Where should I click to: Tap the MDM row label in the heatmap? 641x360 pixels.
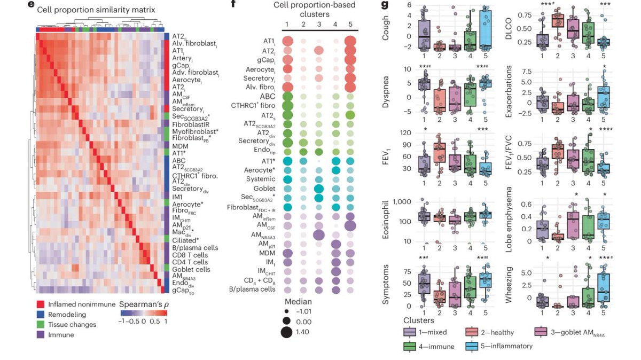pos(180,145)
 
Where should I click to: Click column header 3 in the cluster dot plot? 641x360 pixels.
pos(319,24)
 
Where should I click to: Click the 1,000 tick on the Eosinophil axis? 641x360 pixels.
pos(405,201)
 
